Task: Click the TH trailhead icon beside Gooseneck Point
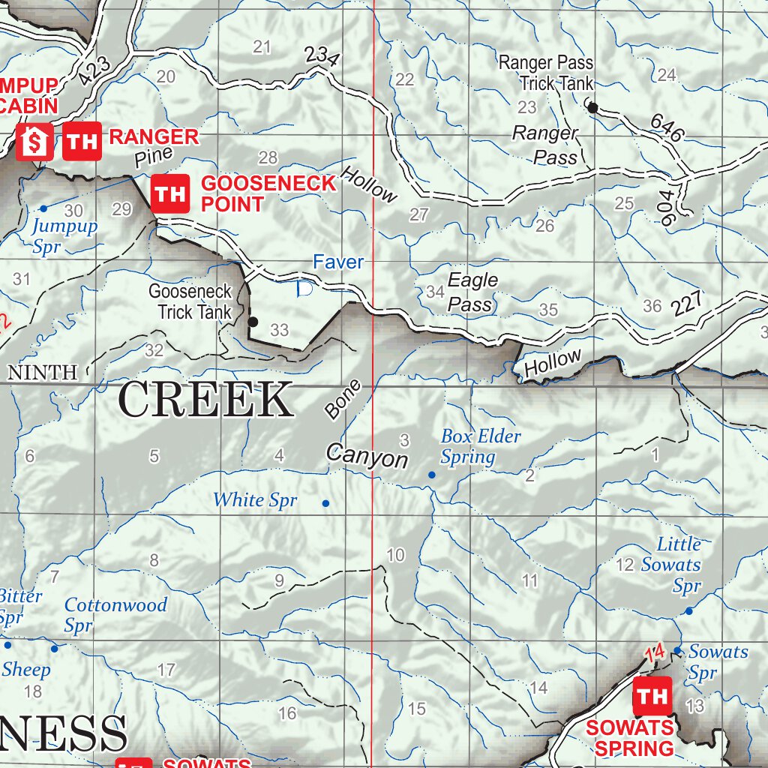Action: (170, 193)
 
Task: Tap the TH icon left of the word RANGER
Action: (82, 141)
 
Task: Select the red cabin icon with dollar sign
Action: (35, 141)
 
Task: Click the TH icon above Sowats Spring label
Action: (652, 696)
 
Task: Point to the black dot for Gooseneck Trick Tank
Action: (253, 322)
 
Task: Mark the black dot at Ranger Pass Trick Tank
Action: (592, 108)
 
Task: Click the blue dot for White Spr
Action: (325, 503)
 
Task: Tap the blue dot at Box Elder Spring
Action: (431, 475)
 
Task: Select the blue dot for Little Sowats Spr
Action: (689, 611)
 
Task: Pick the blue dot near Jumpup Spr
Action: (43, 208)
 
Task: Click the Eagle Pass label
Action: (472, 292)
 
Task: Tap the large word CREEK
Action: (205, 400)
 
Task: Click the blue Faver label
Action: (338, 262)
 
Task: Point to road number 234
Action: (322, 56)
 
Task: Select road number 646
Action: (667, 128)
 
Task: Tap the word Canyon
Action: (367, 456)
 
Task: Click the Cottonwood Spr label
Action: (115, 614)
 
